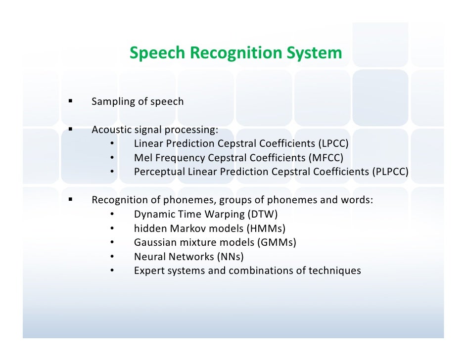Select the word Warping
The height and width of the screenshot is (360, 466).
[x=218, y=215]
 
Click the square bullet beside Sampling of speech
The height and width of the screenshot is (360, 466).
[x=70, y=101]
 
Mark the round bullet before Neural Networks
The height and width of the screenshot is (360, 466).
[x=112, y=257]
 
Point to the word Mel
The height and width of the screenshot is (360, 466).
[x=142, y=158]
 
